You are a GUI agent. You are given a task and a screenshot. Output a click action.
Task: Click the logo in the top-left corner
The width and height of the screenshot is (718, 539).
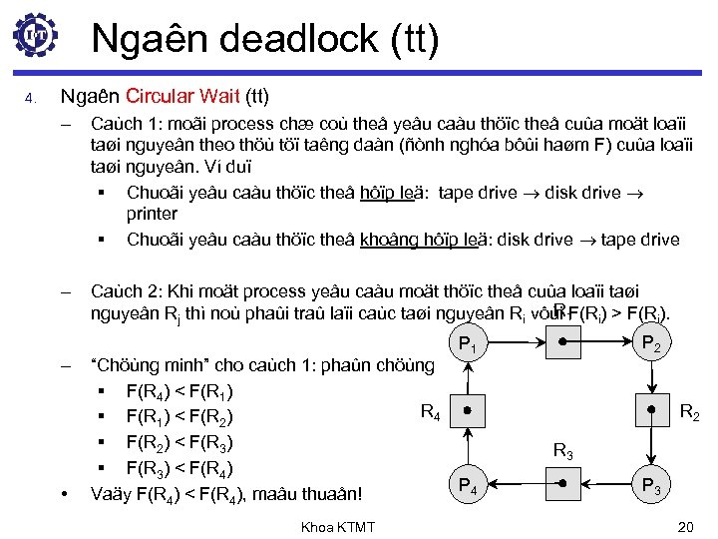(36, 36)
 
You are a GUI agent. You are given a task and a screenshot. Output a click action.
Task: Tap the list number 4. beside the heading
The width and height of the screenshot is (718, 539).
(30, 98)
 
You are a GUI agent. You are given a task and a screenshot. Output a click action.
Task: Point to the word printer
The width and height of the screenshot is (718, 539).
(152, 214)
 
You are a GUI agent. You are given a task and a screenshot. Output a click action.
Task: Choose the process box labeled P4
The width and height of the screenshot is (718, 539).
(466, 486)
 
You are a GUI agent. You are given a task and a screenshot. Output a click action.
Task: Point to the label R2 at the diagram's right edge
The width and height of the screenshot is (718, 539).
(688, 410)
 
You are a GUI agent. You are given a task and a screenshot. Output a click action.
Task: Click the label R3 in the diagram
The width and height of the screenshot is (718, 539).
(562, 451)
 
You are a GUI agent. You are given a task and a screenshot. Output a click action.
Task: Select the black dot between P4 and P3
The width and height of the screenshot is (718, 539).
(562, 483)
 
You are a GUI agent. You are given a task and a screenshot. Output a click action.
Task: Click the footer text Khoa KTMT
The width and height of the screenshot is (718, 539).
(338, 526)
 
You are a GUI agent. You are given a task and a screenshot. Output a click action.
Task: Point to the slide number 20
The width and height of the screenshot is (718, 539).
(684, 526)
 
